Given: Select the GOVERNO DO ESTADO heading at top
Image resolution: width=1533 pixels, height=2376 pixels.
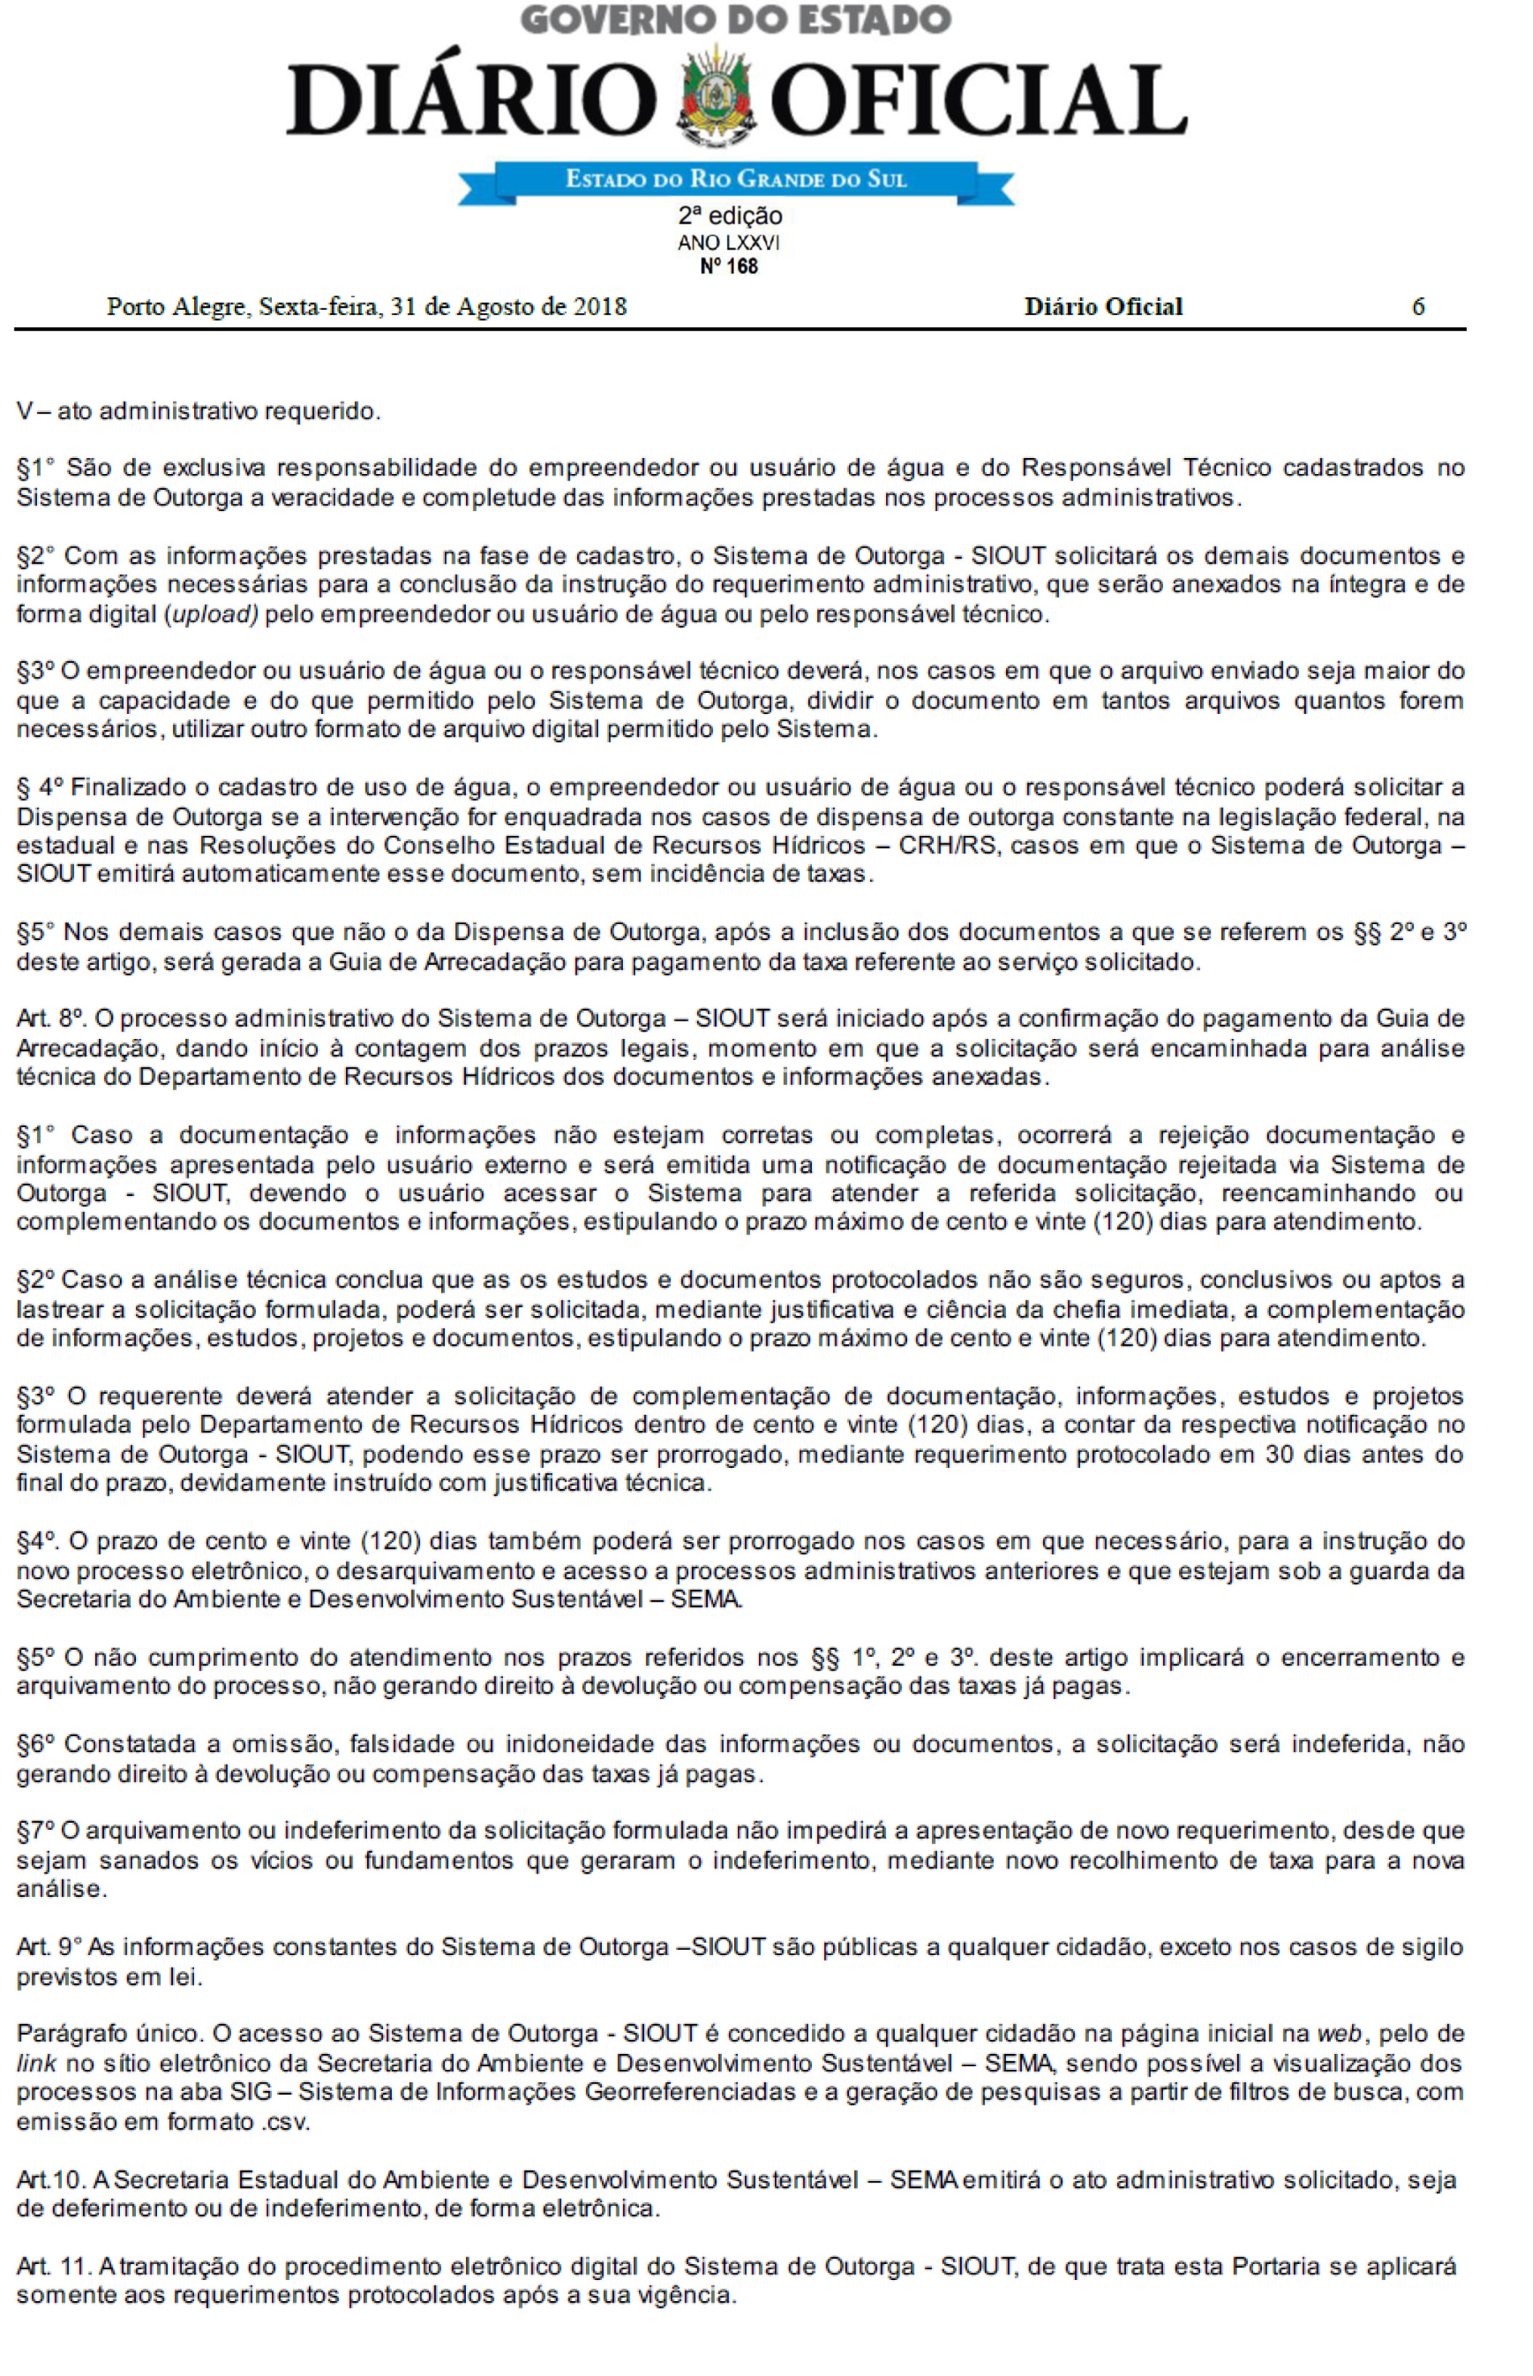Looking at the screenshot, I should tap(736, 20).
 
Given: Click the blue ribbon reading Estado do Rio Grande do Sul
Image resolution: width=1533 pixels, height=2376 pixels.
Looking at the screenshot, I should tap(736, 180).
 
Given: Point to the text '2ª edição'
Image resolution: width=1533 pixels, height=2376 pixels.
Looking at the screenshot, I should tap(730, 216).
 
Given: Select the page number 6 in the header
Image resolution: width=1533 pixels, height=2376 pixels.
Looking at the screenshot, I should tap(1419, 307).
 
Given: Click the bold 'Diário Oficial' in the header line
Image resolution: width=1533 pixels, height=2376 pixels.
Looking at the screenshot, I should tap(1103, 307).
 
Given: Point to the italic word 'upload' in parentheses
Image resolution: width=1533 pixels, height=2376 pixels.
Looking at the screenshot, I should tap(210, 614).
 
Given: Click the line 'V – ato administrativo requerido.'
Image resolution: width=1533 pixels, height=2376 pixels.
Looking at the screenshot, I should tap(198, 411).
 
